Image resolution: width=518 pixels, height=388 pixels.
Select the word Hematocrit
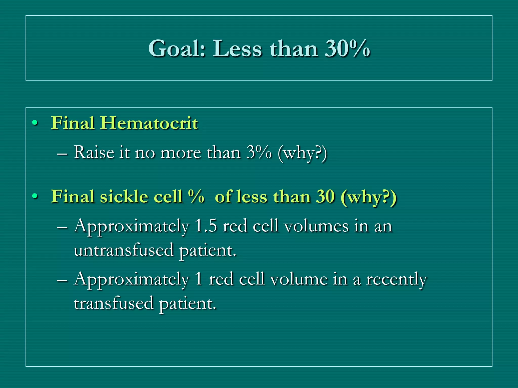149,123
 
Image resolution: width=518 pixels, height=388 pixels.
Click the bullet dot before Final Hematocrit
35,123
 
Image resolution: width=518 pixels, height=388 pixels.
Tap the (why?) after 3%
302,153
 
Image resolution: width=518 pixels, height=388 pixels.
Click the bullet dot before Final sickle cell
35,197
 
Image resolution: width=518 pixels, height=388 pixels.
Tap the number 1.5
206,226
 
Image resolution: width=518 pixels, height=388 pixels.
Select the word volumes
316,226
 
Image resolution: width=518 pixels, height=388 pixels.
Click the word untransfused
124,250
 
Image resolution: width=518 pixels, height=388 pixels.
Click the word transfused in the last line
114,303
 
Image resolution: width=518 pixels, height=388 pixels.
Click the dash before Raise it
62,154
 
